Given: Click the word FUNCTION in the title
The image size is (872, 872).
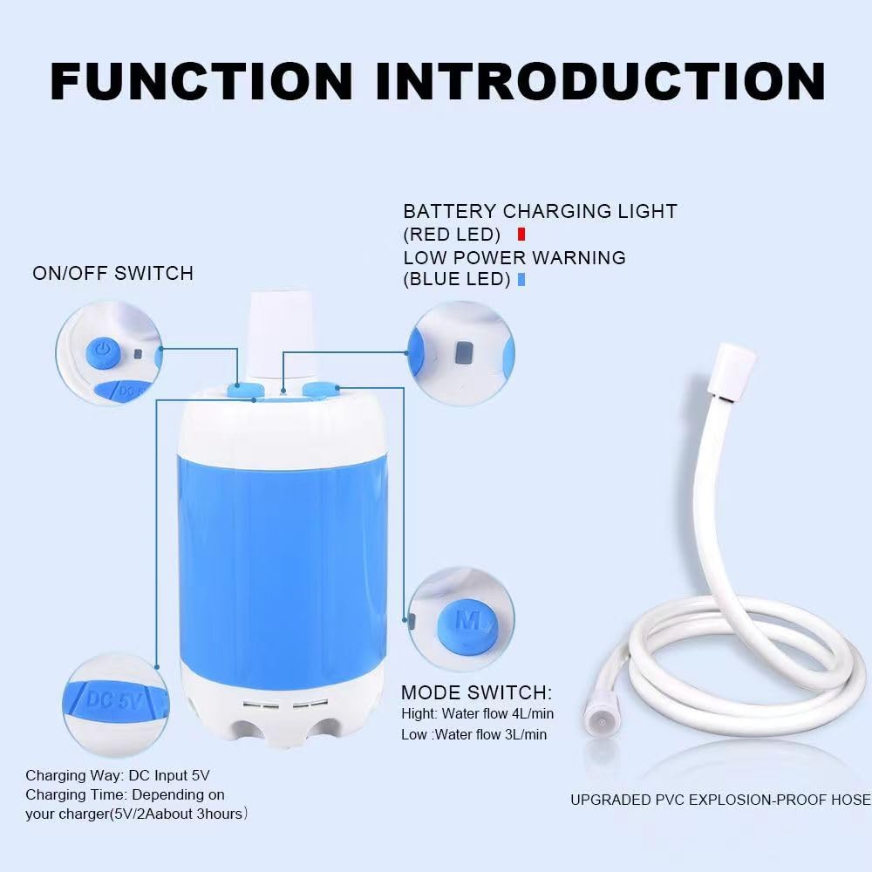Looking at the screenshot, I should tap(201, 80).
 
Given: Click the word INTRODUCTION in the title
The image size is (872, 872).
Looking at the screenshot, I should tap(601, 80).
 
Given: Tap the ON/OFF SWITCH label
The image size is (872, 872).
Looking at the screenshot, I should tap(112, 273).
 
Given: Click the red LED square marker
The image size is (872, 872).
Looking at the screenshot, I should tap(521, 234).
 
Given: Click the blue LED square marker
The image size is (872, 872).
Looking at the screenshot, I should tap(521, 280).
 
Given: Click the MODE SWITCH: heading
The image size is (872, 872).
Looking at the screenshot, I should tap(476, 693).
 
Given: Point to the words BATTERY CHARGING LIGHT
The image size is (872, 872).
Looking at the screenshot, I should tap(540, 211).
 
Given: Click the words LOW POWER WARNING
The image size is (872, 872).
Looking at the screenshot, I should tap(514, 257).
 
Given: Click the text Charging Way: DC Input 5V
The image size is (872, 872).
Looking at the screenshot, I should tap(118, 774).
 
